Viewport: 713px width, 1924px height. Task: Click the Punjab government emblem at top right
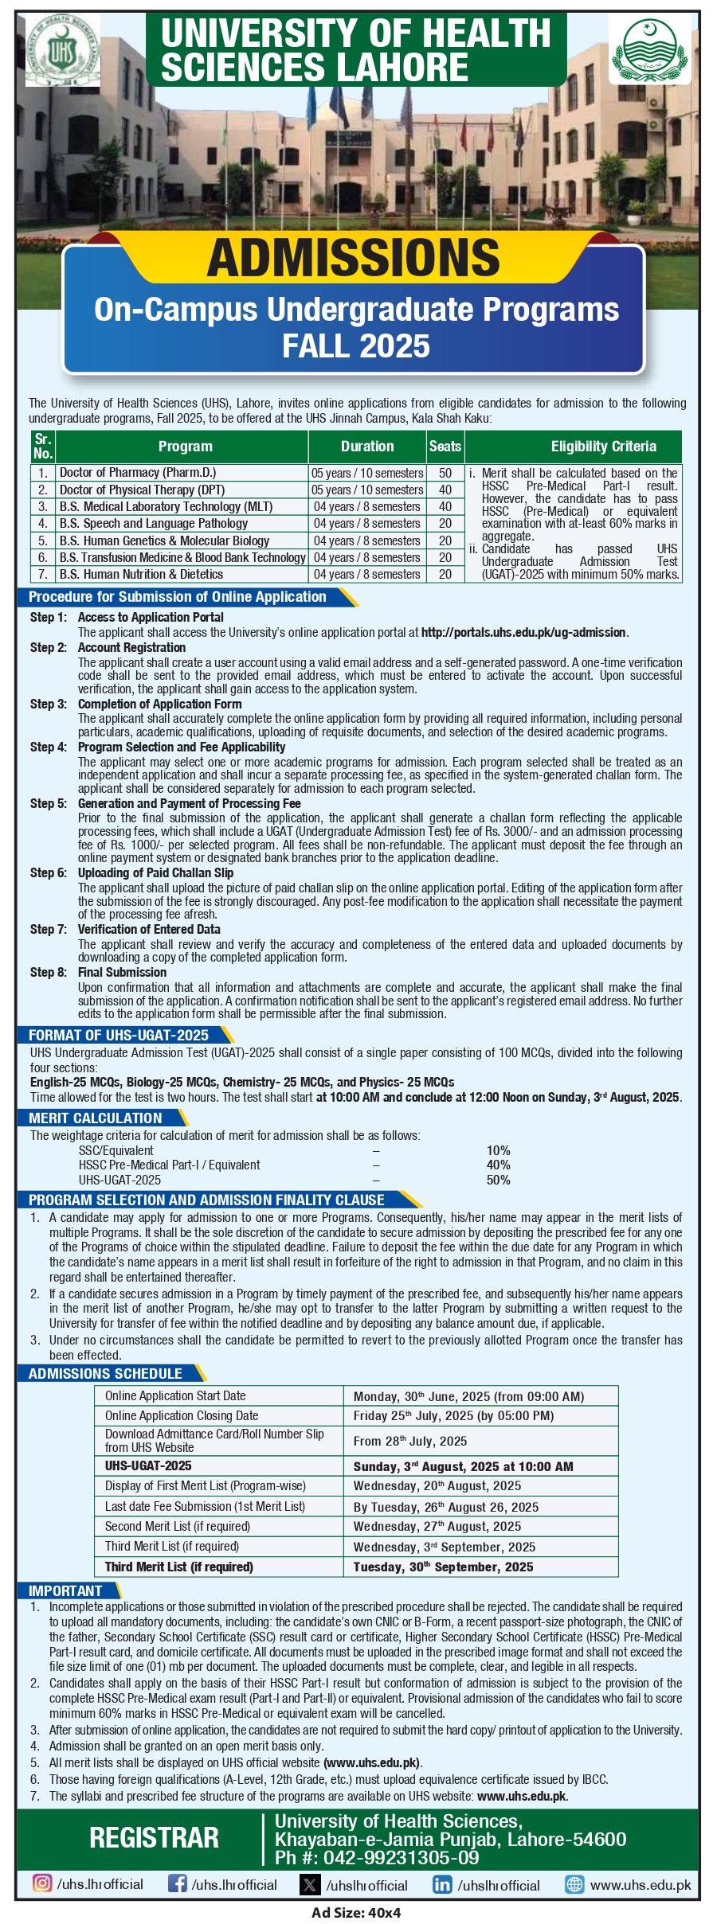coord(649,49)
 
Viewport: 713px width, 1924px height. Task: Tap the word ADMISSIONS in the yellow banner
coord(353,258)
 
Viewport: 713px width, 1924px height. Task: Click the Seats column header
coord(445,447)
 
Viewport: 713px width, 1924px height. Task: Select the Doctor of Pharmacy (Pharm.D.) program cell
coord(138,473)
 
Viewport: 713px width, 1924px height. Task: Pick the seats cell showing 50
coord(445,473)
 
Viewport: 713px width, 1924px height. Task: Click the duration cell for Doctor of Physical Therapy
coord(367,490)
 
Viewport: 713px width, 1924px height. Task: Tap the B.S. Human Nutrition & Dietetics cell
coord(141,574)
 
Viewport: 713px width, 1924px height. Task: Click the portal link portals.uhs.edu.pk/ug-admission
coord(523,632)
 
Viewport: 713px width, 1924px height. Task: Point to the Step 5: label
coord(49,803)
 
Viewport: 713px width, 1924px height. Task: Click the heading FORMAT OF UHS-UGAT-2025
coord(119,1035)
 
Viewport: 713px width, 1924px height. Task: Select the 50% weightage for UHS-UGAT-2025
coord(499,1180)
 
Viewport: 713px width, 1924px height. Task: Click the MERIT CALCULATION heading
coord(95,1118)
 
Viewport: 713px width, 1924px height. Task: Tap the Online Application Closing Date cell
coord(182,1415)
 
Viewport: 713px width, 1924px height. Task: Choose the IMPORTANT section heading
coord(65,1590)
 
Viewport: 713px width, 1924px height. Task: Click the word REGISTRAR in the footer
coord(154,1836)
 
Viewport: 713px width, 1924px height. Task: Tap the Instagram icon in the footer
coord(42,1884)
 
